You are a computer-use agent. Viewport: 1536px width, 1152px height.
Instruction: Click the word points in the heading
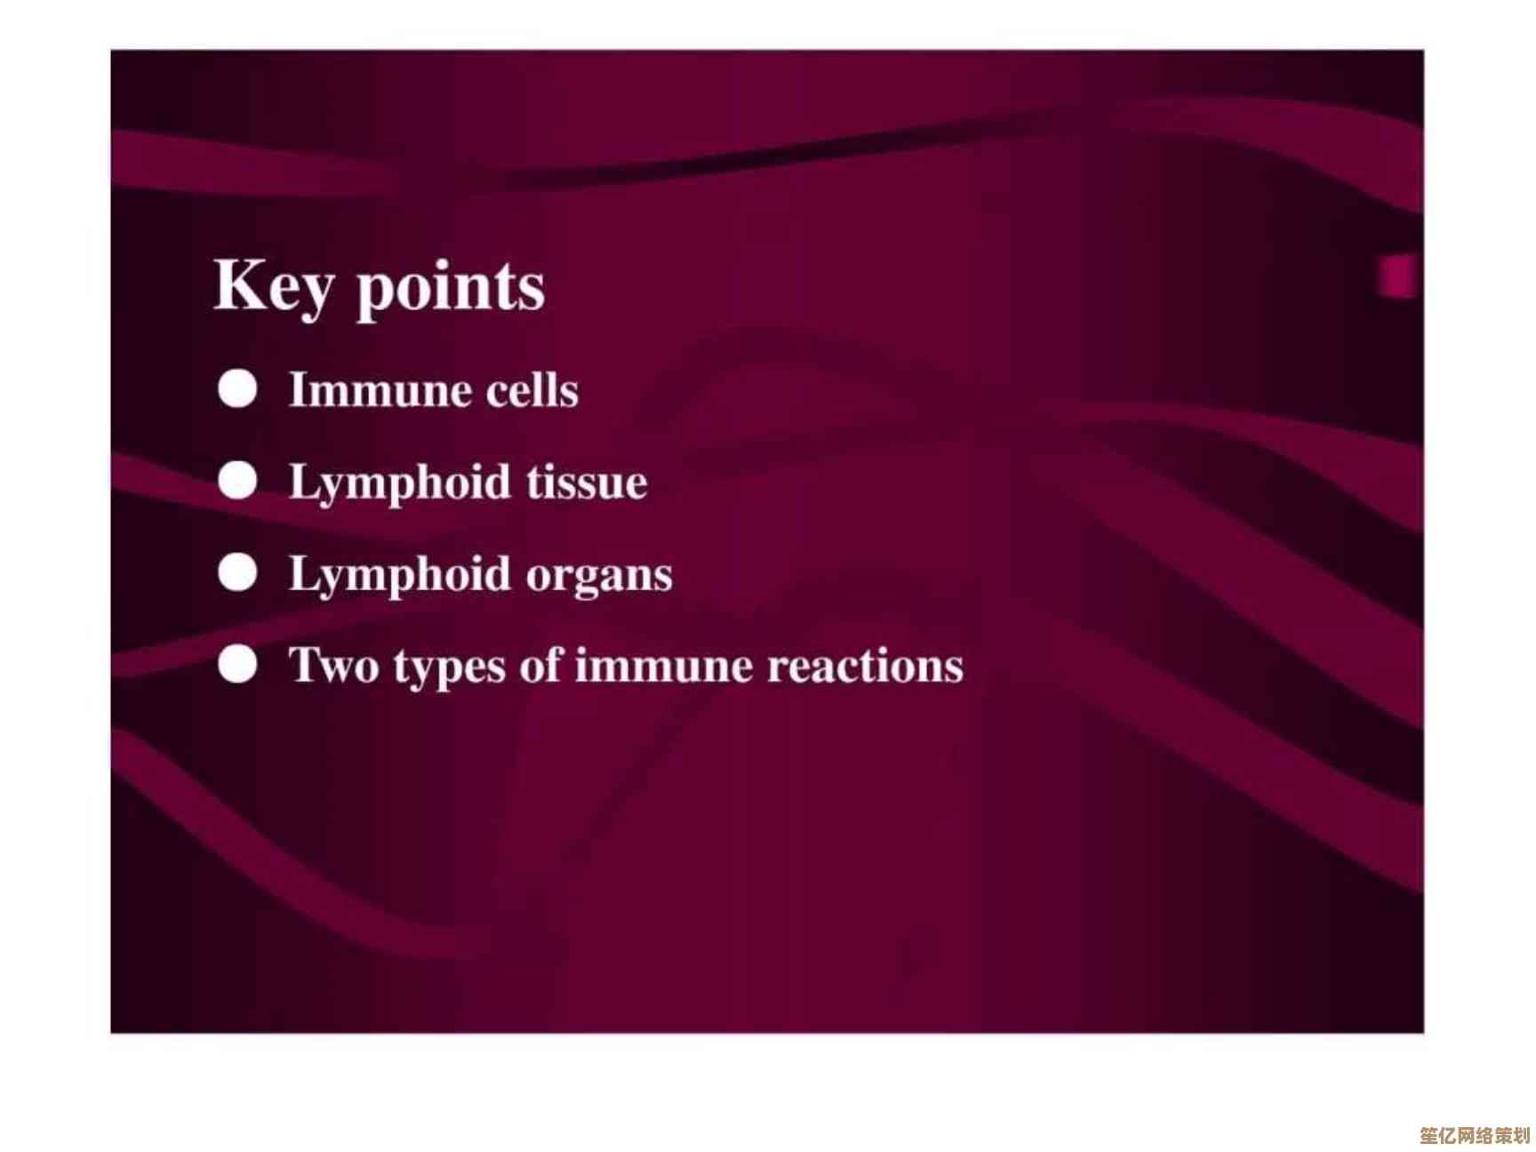tap(451, 288)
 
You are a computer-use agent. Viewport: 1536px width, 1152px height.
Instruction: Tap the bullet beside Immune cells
tap(238, 389)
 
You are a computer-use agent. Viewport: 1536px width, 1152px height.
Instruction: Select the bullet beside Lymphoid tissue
tap(238, 481)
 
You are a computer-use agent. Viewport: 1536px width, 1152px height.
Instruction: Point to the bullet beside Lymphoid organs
tap(238, 573)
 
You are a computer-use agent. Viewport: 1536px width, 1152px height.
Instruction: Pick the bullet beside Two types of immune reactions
tap(238, 665)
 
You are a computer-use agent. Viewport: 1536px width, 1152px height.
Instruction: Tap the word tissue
tap(587, 482)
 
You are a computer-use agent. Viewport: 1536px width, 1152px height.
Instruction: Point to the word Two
tap(334, 666)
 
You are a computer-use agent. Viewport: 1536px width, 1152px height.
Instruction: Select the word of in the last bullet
tap(540, 665)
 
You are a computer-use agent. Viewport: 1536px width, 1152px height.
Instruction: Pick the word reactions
tap(865, 666)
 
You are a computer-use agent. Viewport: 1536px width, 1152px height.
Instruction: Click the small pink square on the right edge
tap(1396, 276)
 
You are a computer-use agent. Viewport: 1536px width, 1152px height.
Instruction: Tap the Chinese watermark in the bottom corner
tap(1474, 1135)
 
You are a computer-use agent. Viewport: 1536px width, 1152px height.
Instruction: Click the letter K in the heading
tap(239, 284)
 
